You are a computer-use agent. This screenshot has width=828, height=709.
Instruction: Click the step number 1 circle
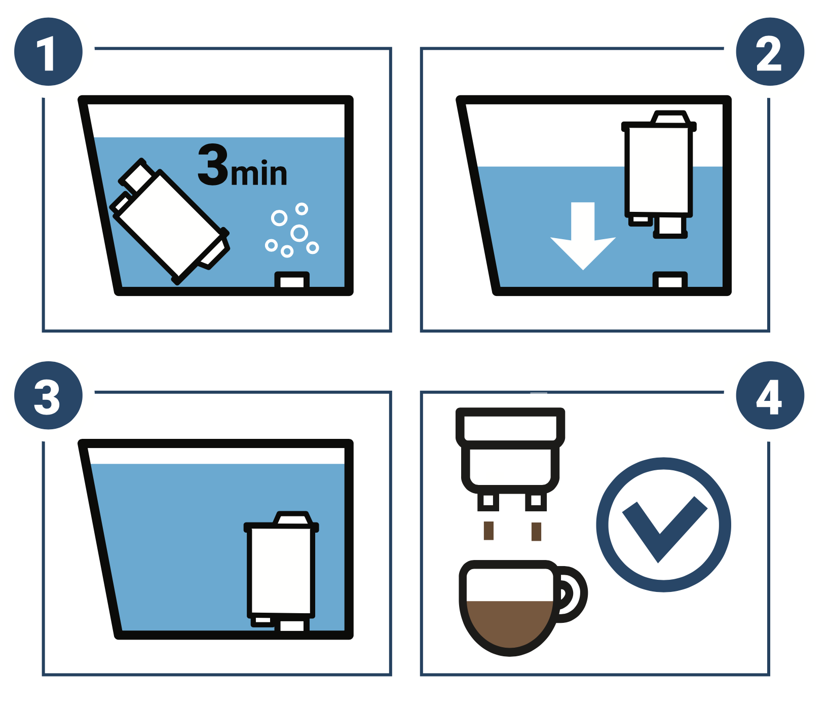point(48,52)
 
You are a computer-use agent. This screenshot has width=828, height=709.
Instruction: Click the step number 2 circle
point(769,52)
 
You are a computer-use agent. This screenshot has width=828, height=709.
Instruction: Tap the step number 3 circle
point(48,395)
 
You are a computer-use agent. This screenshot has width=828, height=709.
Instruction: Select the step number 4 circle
point(769,395)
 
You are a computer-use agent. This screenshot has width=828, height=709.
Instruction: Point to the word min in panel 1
point(259,174)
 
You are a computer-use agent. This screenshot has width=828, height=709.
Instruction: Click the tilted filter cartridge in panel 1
point(170,223)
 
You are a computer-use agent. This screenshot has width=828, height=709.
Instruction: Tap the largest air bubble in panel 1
point(299,233)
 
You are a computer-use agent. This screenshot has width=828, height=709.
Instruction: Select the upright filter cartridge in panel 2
point(658,170)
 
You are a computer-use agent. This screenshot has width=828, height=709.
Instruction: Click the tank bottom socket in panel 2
point(670,280)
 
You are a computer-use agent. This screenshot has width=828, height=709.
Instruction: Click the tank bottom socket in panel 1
point(292,280)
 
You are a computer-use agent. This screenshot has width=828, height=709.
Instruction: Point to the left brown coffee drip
point(488,531)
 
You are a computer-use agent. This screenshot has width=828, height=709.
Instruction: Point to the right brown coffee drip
point(536,532)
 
